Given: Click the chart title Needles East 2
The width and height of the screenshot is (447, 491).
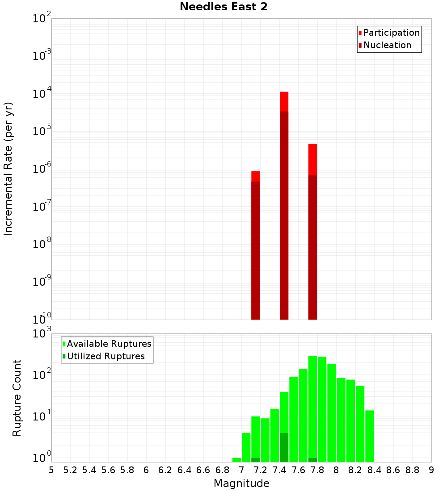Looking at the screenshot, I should click(x=223, y=7).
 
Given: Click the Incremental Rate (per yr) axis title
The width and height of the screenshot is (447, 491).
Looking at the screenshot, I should click(x=8, y=169).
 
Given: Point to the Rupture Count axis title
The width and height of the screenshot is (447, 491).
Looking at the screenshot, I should click(x=17, y=398).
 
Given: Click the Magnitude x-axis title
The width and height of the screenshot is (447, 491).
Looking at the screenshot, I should click(x=241, y=483).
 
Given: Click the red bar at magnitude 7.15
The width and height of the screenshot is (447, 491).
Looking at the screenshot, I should click(x=256, y=245).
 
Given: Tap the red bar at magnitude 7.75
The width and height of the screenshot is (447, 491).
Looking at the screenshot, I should click(x=312, y=232).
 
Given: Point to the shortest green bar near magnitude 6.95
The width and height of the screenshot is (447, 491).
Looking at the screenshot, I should click(x=236, y=460).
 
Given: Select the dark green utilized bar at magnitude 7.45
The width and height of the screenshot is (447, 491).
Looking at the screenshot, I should click(x=284, y=447).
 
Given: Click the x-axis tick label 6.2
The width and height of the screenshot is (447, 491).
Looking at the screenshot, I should click(x=165, y=470).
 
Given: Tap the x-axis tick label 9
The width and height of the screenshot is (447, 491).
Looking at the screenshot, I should click(x=431, y=470).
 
